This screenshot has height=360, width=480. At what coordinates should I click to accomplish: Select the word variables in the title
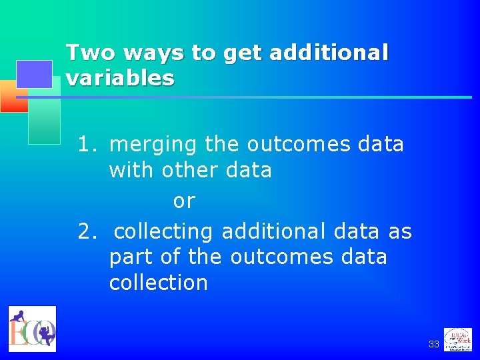click(120, 79)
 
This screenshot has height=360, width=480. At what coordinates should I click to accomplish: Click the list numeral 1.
click(85, 145)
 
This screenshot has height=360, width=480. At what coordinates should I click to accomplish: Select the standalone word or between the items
click(184, 201)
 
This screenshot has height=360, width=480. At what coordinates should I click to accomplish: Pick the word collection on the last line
click(159, 283)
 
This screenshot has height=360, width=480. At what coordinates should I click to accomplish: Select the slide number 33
click(433, 344)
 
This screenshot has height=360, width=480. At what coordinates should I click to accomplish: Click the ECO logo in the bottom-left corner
click(32, 329)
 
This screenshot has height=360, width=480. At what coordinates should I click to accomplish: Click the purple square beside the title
click(34, 74)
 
